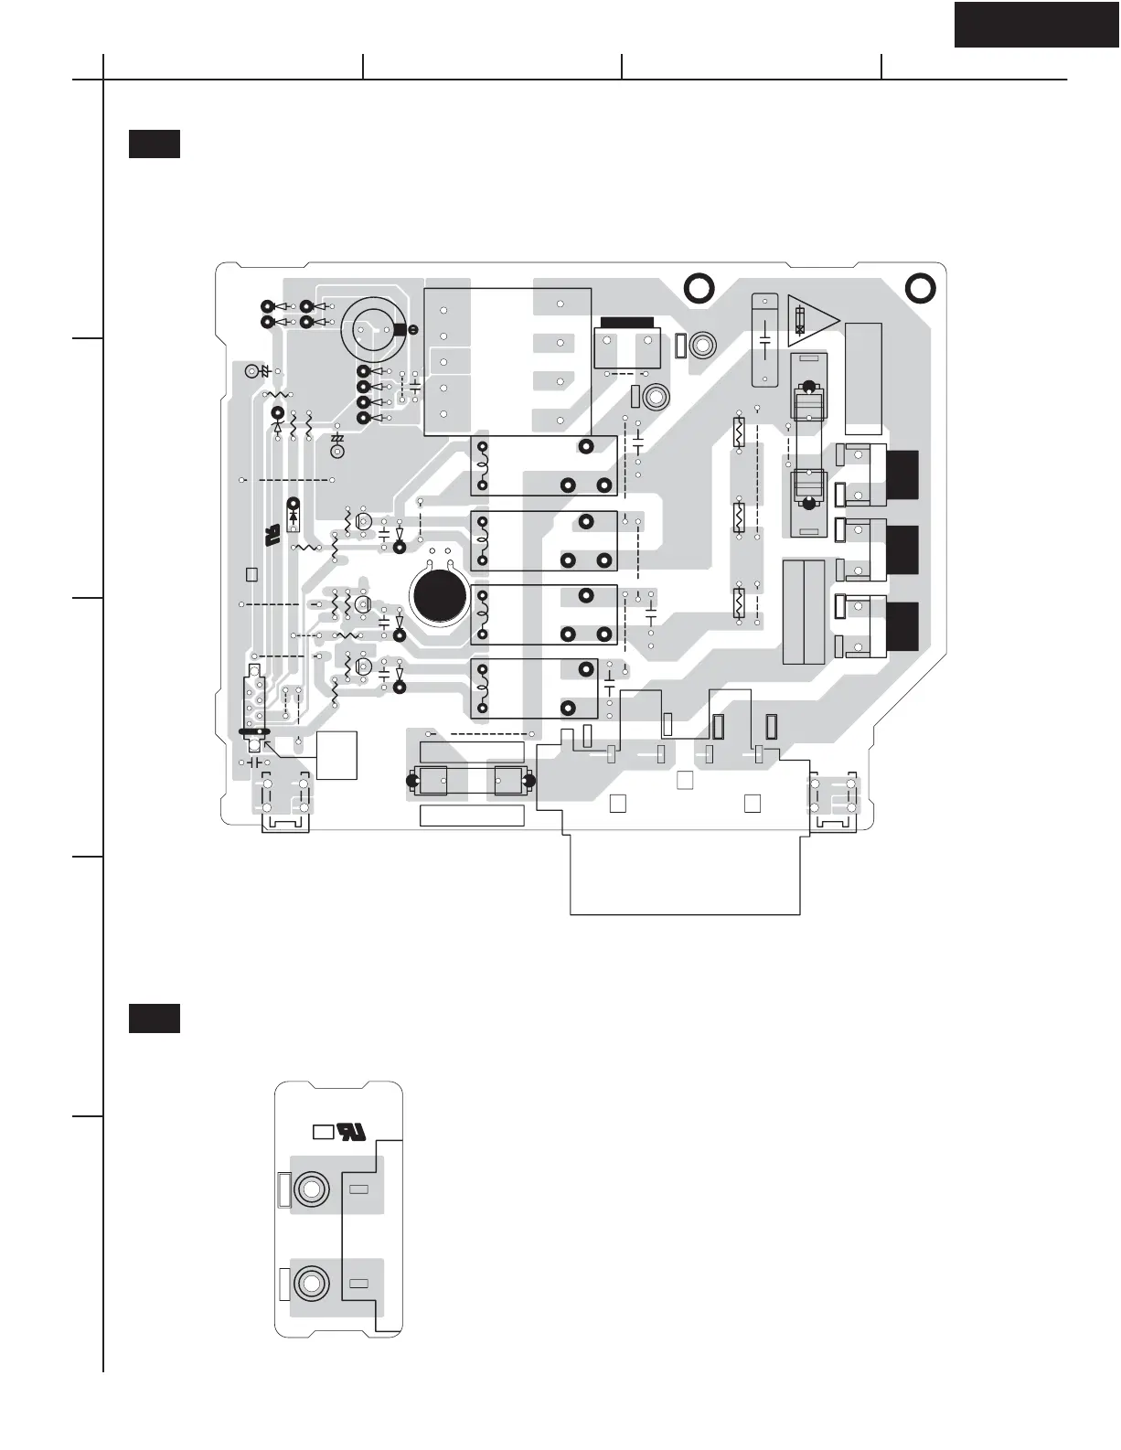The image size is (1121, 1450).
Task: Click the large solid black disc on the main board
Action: click(x=440, y=595)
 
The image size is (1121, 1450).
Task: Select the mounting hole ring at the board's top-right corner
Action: click(x=920, y=288)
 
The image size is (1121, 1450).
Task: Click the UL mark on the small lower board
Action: click(x=352, y=1131)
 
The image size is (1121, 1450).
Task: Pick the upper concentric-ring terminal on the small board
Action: click(x=311, y=1189)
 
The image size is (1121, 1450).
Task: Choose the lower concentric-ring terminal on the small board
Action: click(x=311, y=1283)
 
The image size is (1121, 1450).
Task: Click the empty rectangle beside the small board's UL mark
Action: click(x=322, y=1132)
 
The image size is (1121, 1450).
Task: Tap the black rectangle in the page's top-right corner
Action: click(x=1037, y=24)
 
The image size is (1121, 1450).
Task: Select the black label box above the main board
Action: click(x=154, y=144)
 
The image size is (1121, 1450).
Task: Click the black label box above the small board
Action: click(x=154, y=1018)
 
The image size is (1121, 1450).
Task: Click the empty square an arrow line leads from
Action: click(x=336, y=755)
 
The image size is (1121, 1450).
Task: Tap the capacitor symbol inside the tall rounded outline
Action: click(x=764, y=340)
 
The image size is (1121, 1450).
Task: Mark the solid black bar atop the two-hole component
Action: click(x=625, y=322)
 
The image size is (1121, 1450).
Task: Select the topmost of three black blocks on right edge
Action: click(x=902, y=474)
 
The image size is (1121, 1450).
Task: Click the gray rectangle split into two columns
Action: click(x=805, y=612)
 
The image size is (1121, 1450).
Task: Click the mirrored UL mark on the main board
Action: click(x=272, y=536)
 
